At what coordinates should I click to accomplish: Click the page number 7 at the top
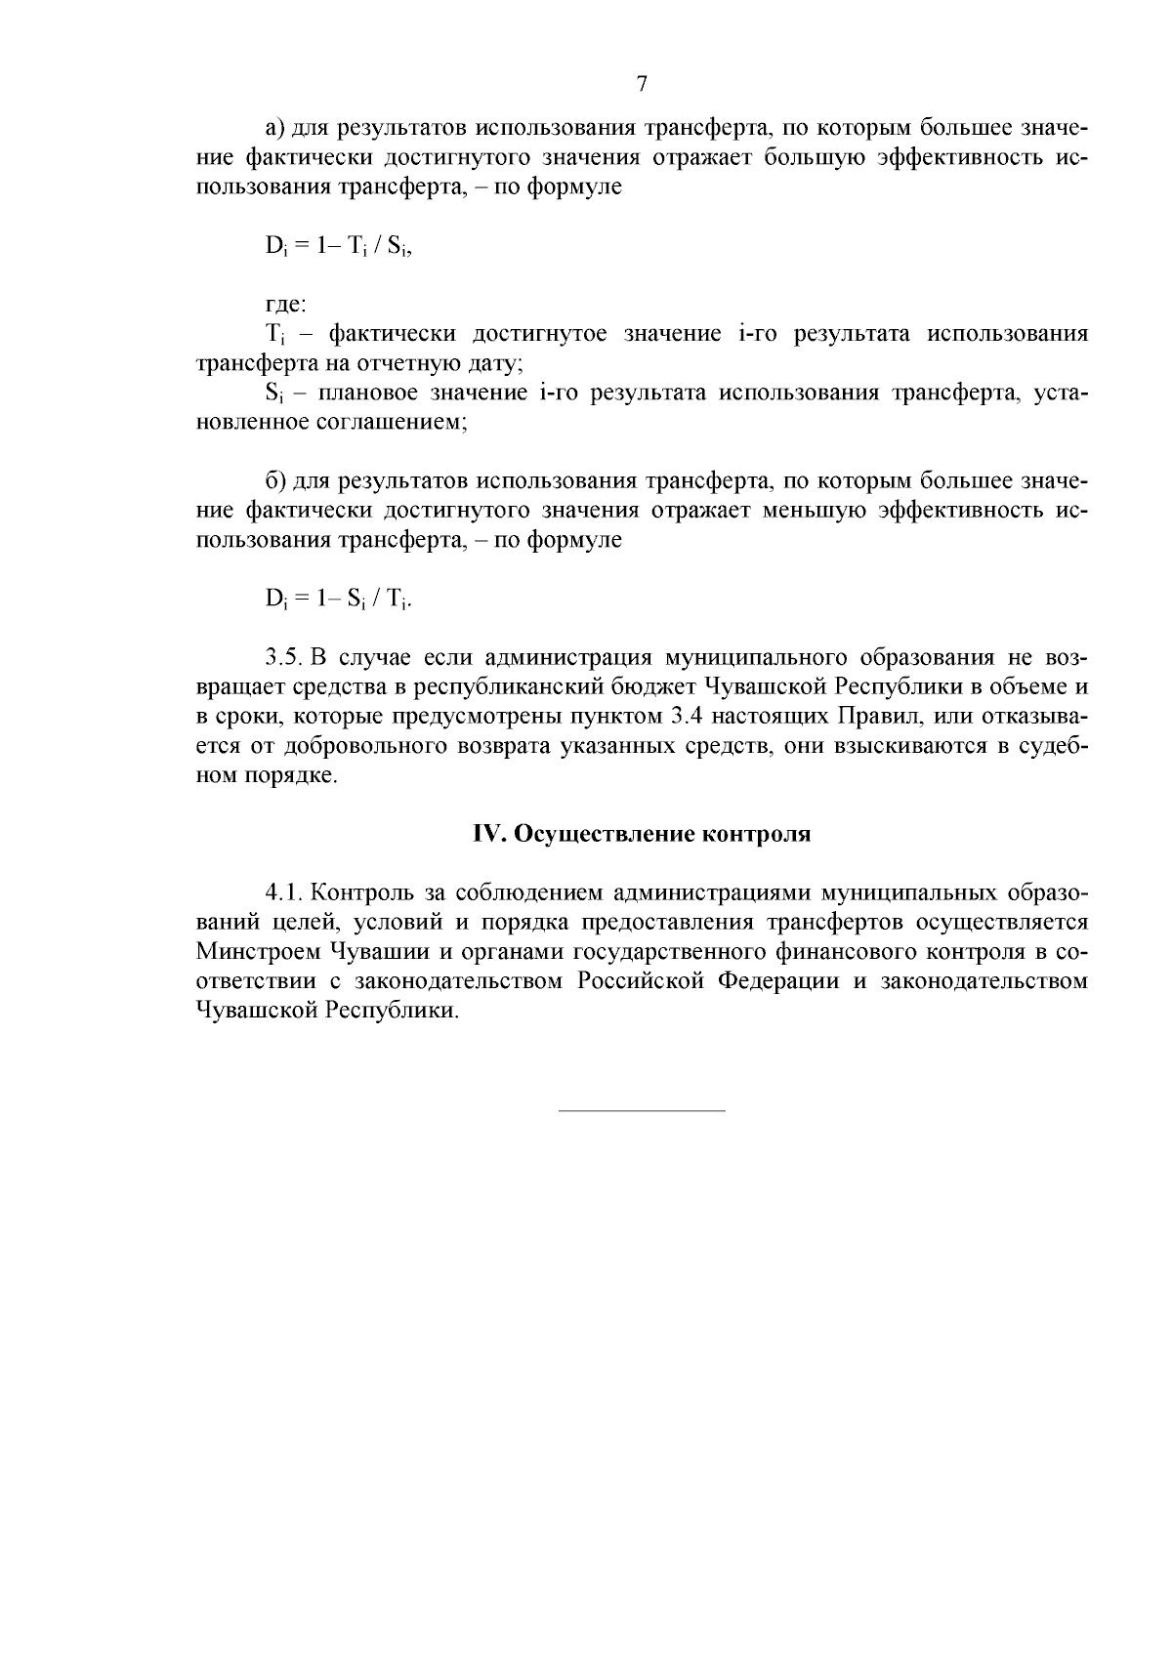642,84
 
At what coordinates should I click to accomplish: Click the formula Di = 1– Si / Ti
338,599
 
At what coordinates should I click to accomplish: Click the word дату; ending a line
498,364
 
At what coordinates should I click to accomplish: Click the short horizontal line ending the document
642,1110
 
